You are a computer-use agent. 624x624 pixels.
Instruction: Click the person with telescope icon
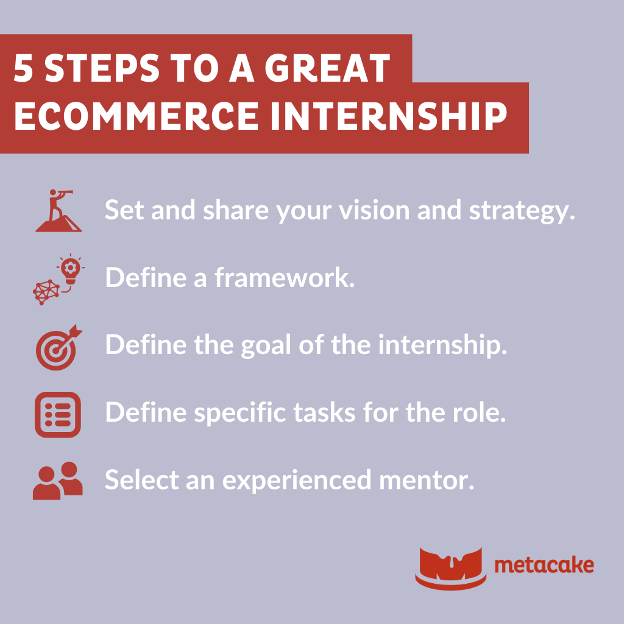pos(58,210)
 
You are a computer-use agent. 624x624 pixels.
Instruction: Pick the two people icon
pos(58,481)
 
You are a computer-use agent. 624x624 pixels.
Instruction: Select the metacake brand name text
pos(544,565)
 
